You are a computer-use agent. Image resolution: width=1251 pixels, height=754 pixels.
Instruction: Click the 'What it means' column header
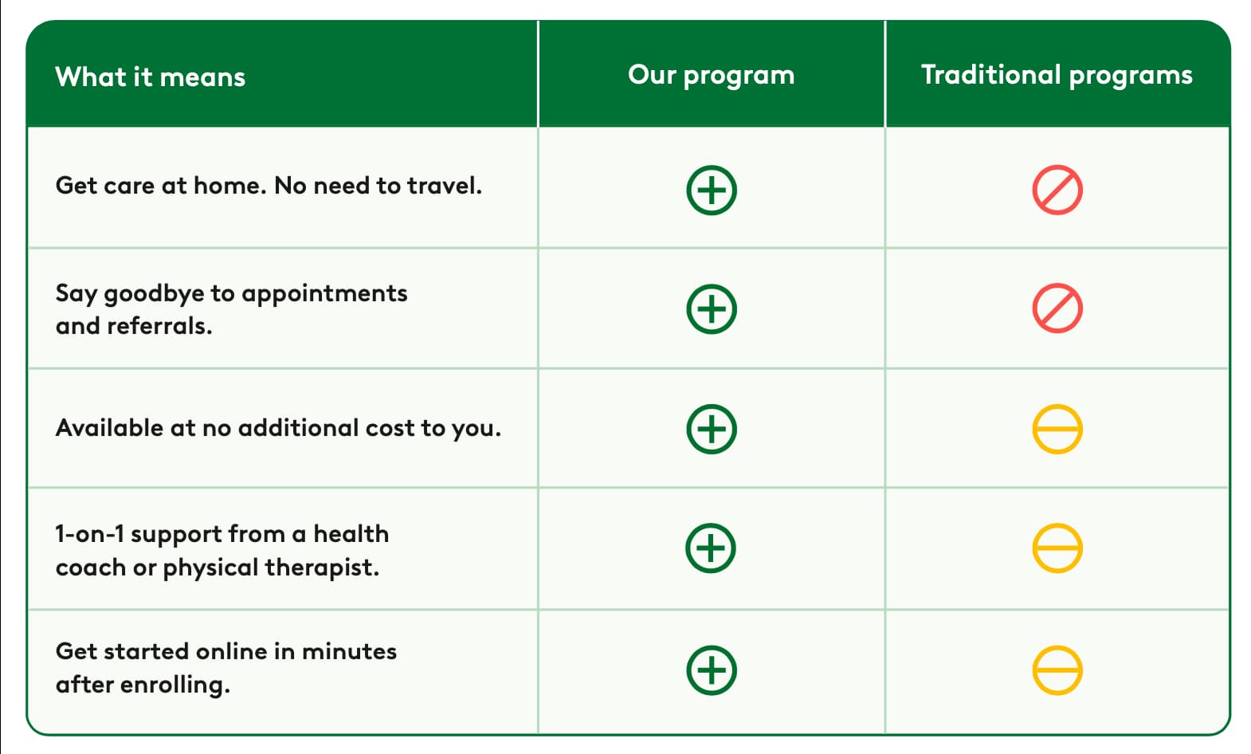[151, 77]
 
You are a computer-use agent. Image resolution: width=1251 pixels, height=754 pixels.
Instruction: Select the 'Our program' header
[711, 76]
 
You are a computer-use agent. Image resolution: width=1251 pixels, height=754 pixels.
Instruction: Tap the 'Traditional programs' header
[1057, 76]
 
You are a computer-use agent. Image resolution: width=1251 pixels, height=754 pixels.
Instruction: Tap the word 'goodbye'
[154, 294]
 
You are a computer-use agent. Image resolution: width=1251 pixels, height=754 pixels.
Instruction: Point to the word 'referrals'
[156, 326]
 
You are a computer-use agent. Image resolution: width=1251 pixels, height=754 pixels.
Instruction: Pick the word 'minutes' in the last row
[349, 652]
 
